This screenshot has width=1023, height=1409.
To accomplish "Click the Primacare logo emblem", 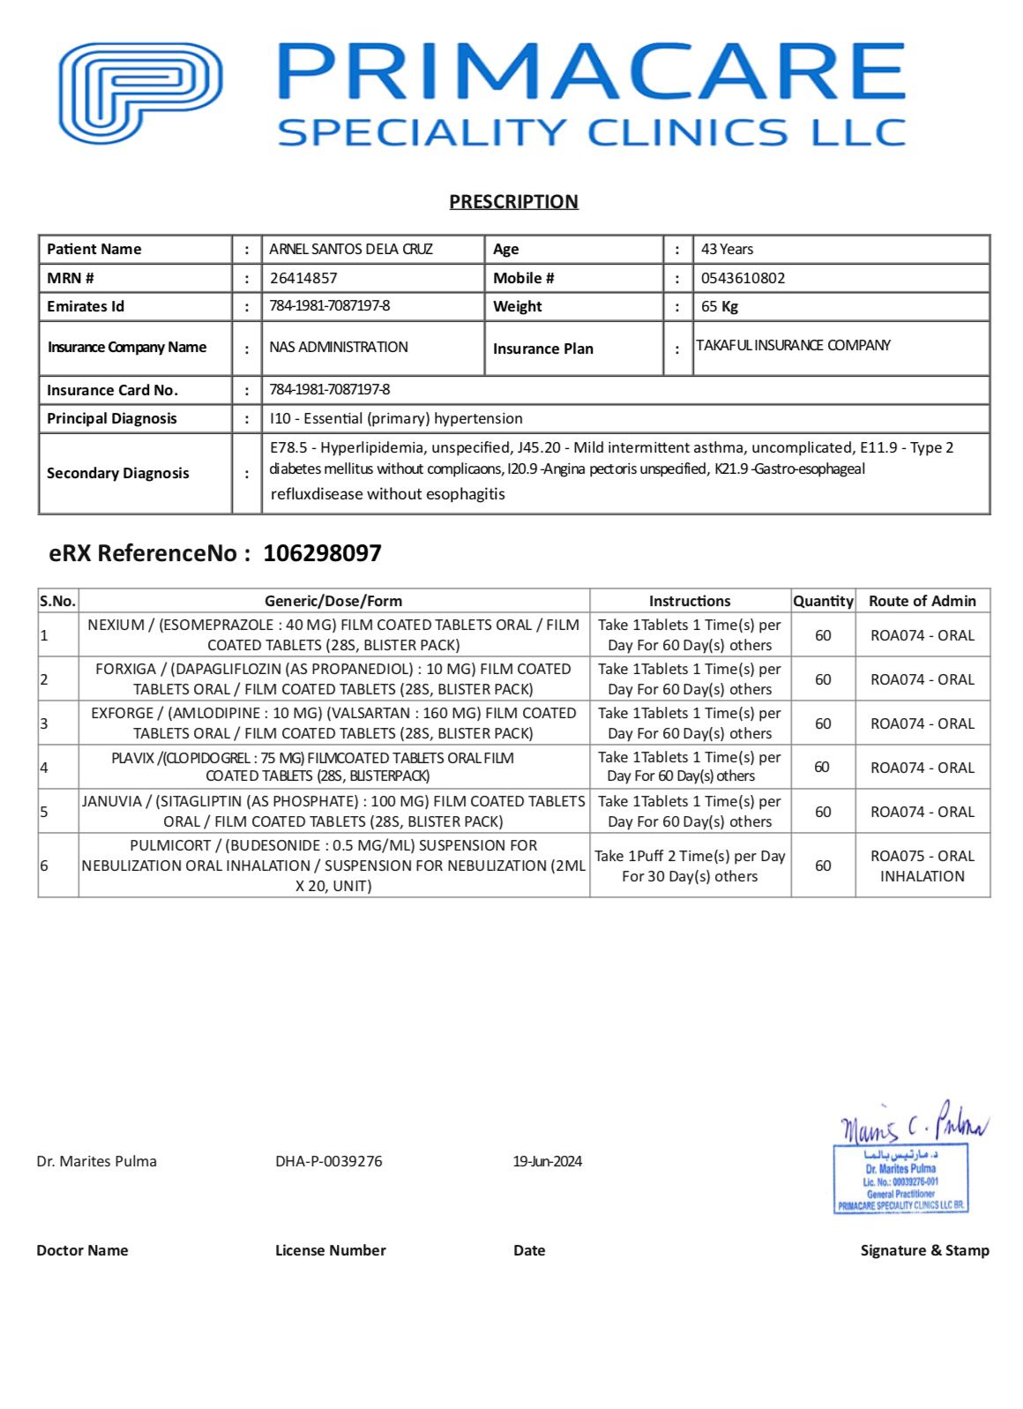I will (139, 94).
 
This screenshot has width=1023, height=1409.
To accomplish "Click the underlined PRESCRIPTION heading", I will (513, 202).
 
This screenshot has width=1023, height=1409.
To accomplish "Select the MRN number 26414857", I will (303, 278).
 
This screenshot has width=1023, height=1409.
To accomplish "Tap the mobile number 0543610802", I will (743, 278).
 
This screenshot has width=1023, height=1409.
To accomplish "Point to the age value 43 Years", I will (727, 249).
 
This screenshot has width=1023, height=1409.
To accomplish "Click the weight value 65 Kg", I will (720, 306).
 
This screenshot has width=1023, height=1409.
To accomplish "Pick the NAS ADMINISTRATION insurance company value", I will (339, 347).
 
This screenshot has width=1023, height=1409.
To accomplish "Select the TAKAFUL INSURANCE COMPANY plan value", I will (793, 345).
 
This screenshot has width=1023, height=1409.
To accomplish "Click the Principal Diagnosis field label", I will (112, 418).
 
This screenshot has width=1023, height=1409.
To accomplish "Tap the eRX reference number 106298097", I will (322, 553).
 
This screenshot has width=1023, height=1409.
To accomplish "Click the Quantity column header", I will (823, 601).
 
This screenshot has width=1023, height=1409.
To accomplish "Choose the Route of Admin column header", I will (922, 601).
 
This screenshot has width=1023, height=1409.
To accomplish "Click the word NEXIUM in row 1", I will (116, 625).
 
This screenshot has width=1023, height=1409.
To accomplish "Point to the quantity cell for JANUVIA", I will (823, 812).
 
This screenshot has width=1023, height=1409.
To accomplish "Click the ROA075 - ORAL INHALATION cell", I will (922, 866).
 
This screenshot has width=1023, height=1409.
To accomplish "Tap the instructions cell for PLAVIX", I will (690, 767).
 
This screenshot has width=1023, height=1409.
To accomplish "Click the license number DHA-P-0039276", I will (329, 1161).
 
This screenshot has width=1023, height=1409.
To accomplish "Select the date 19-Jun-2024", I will (548, 1161).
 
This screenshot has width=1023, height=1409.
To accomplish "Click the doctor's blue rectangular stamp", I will (900, 1179).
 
